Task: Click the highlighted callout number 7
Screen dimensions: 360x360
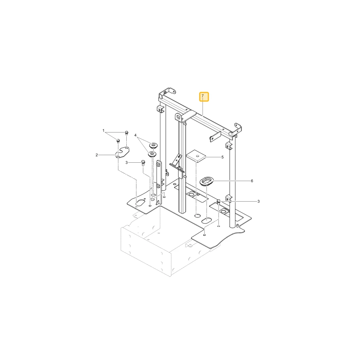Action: [x=202, y=96]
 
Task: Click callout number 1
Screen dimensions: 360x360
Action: [x=103, y=131]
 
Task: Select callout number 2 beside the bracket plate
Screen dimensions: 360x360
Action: [x=96, y=155]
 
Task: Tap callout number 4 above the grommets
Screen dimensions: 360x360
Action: [x=135, y=135]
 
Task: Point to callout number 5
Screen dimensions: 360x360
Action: [x=222, y=157]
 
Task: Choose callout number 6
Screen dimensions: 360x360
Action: [x=252, y=181]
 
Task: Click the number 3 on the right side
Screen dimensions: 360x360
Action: [x=258, y=201]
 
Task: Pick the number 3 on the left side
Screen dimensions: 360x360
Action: [x=126, y=163]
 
